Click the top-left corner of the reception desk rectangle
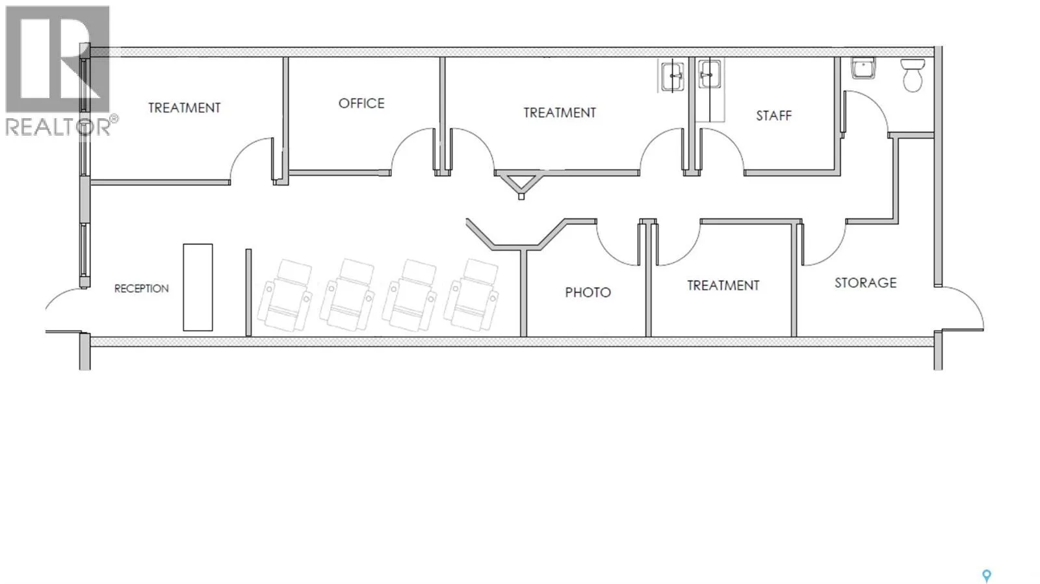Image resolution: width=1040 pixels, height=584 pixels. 183,244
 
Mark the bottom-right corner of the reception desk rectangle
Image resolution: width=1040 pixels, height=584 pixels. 213,331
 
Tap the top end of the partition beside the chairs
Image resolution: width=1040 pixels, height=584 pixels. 248,249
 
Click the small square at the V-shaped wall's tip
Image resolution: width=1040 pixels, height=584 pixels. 521,197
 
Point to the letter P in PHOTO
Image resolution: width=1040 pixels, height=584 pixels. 569,292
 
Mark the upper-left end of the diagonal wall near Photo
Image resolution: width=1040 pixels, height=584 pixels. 467,220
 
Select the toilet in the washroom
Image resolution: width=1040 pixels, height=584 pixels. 913,75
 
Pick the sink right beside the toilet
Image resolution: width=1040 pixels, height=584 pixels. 863,68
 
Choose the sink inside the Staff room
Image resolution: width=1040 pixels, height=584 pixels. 709,73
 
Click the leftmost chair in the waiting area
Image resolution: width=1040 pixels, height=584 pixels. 285,296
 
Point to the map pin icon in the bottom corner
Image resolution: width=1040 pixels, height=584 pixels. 986,576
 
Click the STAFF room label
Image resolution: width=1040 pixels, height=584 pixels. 773,116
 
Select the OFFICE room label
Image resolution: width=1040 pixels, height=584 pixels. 361,103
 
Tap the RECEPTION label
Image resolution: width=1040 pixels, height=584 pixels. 142,288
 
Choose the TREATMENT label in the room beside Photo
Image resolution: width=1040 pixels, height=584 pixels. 723,285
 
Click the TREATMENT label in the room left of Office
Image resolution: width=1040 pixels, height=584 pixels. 185,108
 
